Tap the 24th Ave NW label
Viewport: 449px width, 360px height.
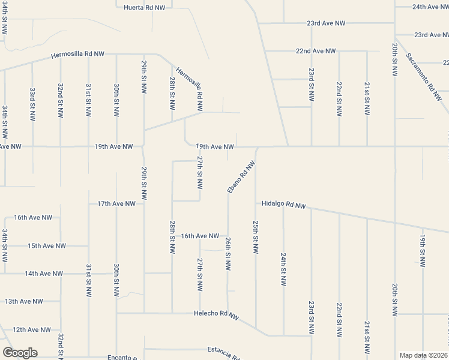coord(431,7)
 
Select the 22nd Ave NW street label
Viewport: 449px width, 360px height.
coord(316,52)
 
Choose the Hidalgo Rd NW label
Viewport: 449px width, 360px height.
coord(283,205)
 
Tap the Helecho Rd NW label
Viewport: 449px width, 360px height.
coord(216,314)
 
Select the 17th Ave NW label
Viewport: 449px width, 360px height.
coord(116,204)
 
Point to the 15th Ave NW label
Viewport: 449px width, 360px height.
coord(46,246)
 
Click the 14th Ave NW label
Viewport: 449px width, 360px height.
coord(43,274)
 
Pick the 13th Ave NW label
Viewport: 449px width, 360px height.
coord(24,301)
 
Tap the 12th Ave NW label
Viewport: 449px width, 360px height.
coord(31,329)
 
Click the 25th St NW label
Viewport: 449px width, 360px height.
coord(256,236)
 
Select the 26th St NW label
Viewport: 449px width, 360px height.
coord(228,253)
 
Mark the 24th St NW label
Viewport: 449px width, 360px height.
coord(283,268)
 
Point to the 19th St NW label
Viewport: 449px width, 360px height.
coord(423,251)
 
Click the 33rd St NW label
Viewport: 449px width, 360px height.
coord(32,103)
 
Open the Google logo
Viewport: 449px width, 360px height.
coord(20,353)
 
